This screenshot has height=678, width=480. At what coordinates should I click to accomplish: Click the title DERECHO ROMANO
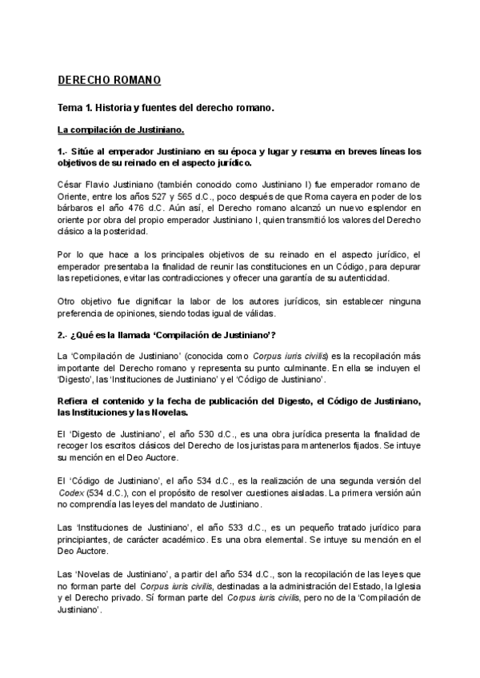click(110, 80)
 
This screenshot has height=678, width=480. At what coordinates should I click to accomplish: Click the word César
click(71, 184)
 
